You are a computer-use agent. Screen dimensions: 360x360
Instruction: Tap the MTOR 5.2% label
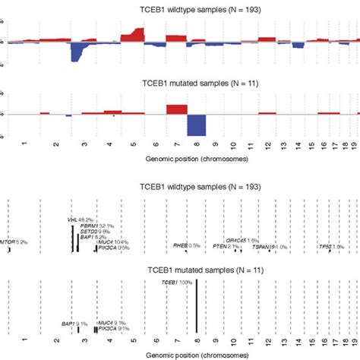click(x=14, y=242)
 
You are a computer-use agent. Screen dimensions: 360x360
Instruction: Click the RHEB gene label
click(x=186, y=245)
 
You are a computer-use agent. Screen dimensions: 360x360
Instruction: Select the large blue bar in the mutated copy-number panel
click(x=197, y=125)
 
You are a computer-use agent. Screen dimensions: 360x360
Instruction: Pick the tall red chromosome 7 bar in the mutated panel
click(x=176, y=109)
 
